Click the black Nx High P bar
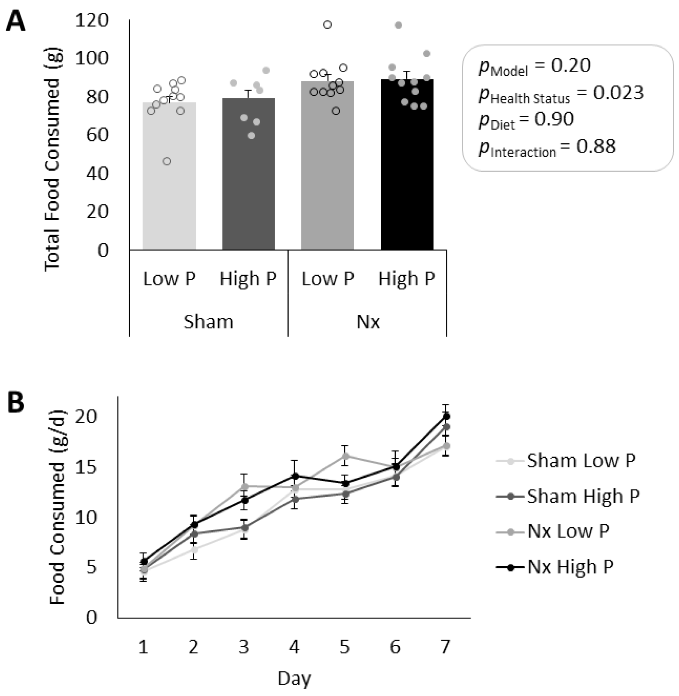(407, 170)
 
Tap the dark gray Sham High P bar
(248, 178)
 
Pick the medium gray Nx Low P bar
(327, 170)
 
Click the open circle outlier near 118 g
(327, 25)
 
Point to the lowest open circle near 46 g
(167, 162)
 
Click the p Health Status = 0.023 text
(561, 93)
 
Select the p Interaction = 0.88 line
(547, 147)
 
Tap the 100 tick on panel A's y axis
(92, 58)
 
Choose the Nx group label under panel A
(368, 322)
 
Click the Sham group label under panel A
(208, 322)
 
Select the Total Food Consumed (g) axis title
(53, 159)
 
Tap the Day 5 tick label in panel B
(345, 646)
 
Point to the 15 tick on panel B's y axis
(86, 468)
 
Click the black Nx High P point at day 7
(446, 416)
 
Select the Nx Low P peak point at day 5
(345, 455)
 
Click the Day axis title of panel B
(294, 678)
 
